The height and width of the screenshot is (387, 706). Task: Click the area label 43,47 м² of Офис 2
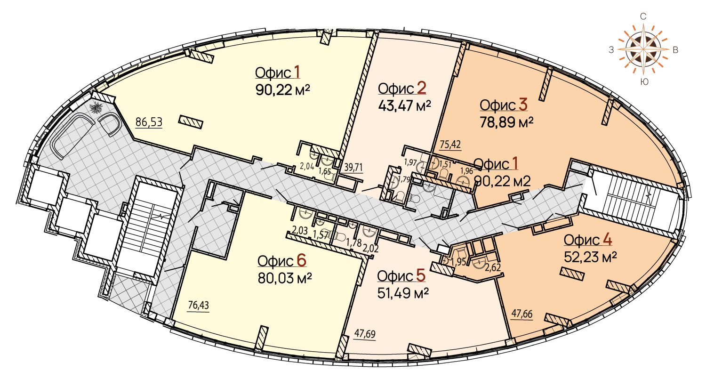(404, 105)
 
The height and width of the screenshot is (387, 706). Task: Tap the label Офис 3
(504, 105)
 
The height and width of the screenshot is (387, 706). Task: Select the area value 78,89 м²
(506, 122)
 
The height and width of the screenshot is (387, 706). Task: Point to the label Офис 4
(588, 240)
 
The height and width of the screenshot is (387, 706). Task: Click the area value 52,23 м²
(590, 257)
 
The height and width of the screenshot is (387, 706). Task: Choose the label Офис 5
(401, 276)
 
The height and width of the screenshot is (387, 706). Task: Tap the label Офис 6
(282, 261)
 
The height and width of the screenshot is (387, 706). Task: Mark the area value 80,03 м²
(285, 278)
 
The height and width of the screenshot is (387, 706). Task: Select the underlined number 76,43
(198, 305)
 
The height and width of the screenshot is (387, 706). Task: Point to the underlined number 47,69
(365, 333)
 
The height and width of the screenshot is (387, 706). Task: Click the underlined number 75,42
(450, 145)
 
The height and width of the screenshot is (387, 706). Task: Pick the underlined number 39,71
(353, 167)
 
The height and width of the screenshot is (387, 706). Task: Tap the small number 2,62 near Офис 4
(493, 268)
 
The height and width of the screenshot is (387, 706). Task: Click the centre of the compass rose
(643, 49)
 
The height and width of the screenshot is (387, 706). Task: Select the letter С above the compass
(643, 16)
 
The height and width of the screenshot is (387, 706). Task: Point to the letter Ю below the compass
(644, 82)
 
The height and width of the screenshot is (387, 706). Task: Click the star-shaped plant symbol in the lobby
(96, 108)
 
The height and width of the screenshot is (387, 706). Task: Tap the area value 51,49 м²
(403, 293)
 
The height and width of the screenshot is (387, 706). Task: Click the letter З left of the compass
(611, 50)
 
